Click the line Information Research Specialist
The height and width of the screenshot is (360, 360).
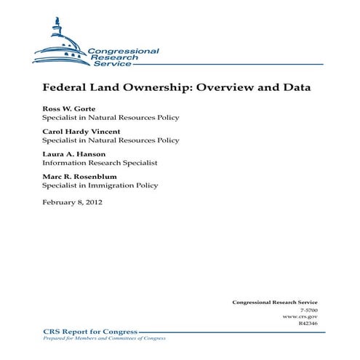[x=100, y=163]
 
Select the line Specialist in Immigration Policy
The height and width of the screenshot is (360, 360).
[x=100, y=185]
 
